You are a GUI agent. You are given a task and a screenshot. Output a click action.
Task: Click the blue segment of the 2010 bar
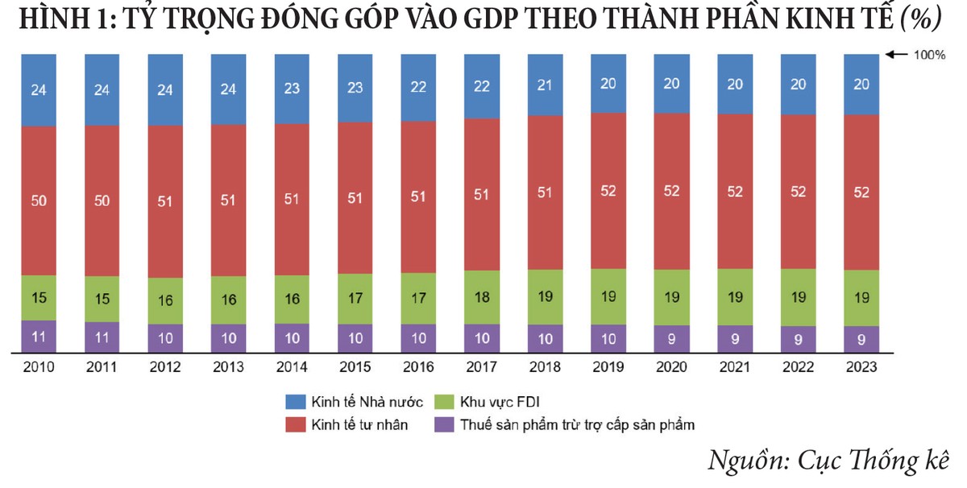coord(39,89)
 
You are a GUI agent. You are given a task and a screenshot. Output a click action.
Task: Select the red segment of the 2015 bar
coord(355,198)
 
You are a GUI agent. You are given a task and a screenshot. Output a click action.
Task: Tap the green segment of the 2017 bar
coord(482,297)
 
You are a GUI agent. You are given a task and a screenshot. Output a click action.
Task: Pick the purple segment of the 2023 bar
coord(861,339)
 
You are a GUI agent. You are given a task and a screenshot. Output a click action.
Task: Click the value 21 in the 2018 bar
coord(545,85)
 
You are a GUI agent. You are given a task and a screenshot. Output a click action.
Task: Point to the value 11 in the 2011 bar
coord(102,338)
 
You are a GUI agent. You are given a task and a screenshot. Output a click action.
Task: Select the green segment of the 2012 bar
coord(165,300)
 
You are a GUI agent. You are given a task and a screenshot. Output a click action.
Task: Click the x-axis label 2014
coord(292,367)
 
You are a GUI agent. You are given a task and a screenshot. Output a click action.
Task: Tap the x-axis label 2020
coord(671,367)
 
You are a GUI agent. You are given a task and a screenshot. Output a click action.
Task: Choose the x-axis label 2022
coord(798,367)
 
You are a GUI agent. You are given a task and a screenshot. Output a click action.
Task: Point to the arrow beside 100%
coord(894,56)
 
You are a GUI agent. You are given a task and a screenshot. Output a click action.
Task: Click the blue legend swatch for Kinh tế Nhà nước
coord(295,401)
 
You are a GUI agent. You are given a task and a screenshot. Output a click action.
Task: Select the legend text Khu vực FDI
coord(500,401)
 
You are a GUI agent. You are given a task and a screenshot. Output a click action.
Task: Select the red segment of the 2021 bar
coord(734,191)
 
